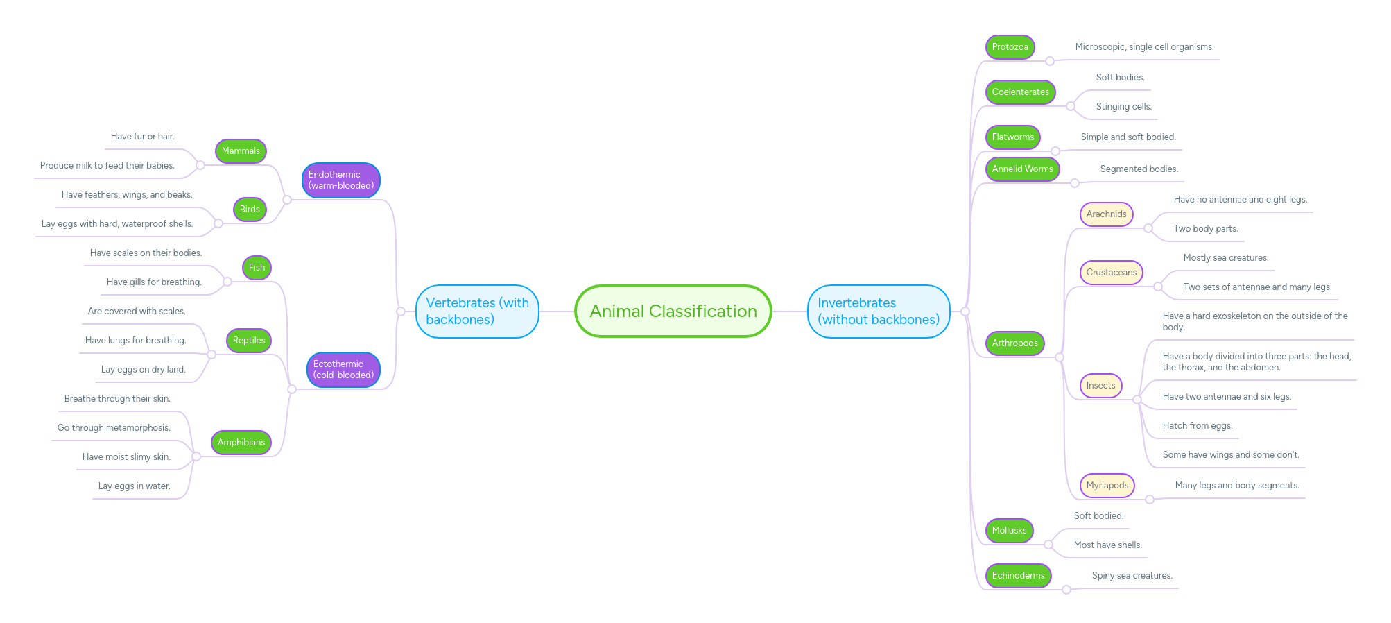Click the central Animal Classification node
(673, 311)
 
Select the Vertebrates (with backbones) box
(477, 311)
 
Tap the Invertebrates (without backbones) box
(878, 311)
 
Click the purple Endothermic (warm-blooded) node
(340, 180)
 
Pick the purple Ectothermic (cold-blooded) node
(343, 370)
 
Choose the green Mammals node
(241, 151)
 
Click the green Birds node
(250, 210)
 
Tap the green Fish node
(257, 268)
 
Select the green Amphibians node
(241, 443)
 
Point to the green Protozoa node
(1010, 47)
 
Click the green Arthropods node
(1014, 343)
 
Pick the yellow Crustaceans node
(1111, 273)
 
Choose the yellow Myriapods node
(1107, 486)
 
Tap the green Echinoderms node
(1018, 576)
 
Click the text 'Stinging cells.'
(1123, 107)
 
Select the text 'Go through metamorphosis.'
(114, 428)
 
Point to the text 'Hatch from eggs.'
(1197, 426)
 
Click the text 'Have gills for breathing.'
(154, 282)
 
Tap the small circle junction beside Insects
(1137, 400)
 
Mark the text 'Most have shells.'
(1107, 545)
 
